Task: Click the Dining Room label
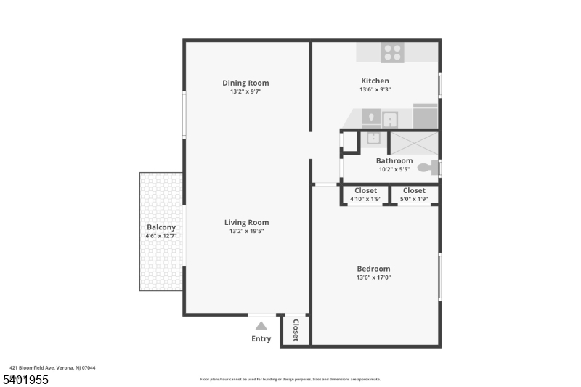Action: (245, 83)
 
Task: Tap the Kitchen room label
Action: (375, 81)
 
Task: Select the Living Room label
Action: (246, 223)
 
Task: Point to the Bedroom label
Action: (373, 269)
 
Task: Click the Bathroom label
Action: (394, 160)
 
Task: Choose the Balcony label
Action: (161, 227)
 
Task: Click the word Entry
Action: (261, 339)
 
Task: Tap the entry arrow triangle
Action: (261, 326)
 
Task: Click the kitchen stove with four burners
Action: (392, 52)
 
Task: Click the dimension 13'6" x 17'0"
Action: (373, 277)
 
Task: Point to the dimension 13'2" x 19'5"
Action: (246, 232)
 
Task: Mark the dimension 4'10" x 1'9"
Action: (365, 199)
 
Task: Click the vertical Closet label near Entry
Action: (296, 330)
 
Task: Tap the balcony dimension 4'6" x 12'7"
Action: (161, 236)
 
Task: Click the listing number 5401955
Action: (26, 380)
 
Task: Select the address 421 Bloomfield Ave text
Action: (52, 367)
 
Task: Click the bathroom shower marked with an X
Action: (415, 143)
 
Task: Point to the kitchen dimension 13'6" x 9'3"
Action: (375, 89)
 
